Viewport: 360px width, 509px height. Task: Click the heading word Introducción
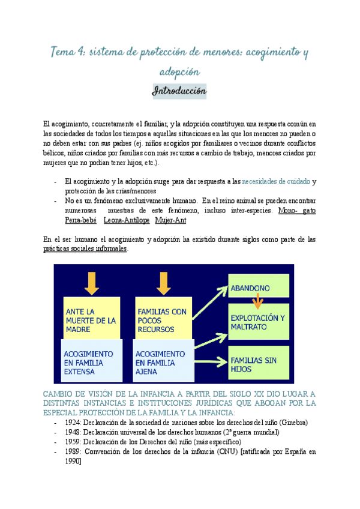tap(179, 91)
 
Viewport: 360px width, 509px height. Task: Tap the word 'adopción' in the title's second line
tap(179, 71)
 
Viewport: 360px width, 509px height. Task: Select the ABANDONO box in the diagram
tap(258, 288)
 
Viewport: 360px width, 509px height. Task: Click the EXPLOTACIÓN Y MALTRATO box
tap(258, 321)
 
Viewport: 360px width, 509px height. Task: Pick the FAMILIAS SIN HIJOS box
tap(258, 364)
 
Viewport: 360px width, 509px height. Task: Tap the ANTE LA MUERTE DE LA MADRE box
tap(91, 320)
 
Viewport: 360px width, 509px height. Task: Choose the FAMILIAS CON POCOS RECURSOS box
tap(163, 320)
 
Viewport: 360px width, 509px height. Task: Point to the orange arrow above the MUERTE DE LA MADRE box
tap(91, 283)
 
